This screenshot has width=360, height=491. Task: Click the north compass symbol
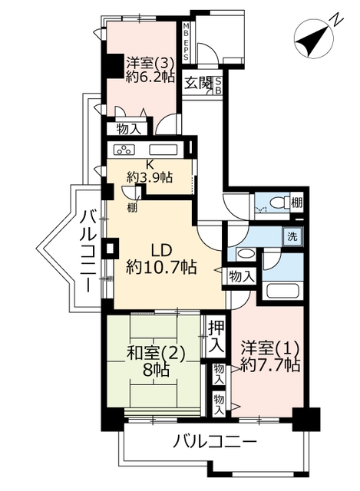tap(314, 40)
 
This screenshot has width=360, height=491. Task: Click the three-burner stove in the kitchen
tap(124, 150)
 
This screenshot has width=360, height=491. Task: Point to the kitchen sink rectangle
tap(163, 150)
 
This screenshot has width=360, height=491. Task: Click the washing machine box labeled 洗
tap(292, 236)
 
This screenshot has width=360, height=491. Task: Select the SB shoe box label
tap(218, 85)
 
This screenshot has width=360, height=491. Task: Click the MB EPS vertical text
tap(186, 41)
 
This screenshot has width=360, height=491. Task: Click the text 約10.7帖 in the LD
tap(161, 268)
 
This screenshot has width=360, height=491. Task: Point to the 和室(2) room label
tap(156, 354)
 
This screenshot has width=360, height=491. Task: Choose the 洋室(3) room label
tap(150, 63)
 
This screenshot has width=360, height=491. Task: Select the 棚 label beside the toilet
tap(296, 203)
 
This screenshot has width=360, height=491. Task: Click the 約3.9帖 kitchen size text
tap(150, 178)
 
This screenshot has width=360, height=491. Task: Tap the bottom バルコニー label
tap(215, 442)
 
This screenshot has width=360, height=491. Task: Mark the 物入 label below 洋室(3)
tap(128, 129)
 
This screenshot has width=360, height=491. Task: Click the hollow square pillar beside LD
tap(110, 249)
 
